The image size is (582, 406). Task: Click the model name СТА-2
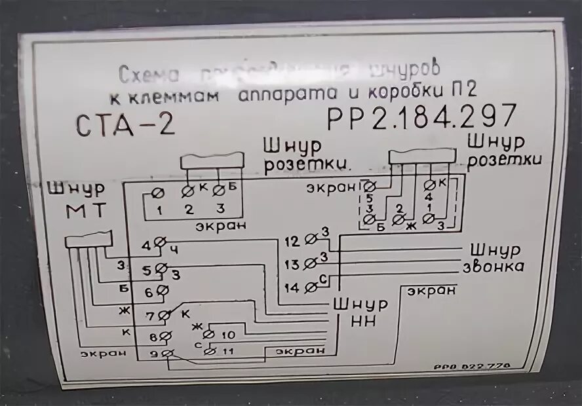pyautogui.click(x=126, y=124)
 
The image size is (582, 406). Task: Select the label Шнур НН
pyautogui.click(x=360, y=312)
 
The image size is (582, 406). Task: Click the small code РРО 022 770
pyautogui.click(x=471, y=368)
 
